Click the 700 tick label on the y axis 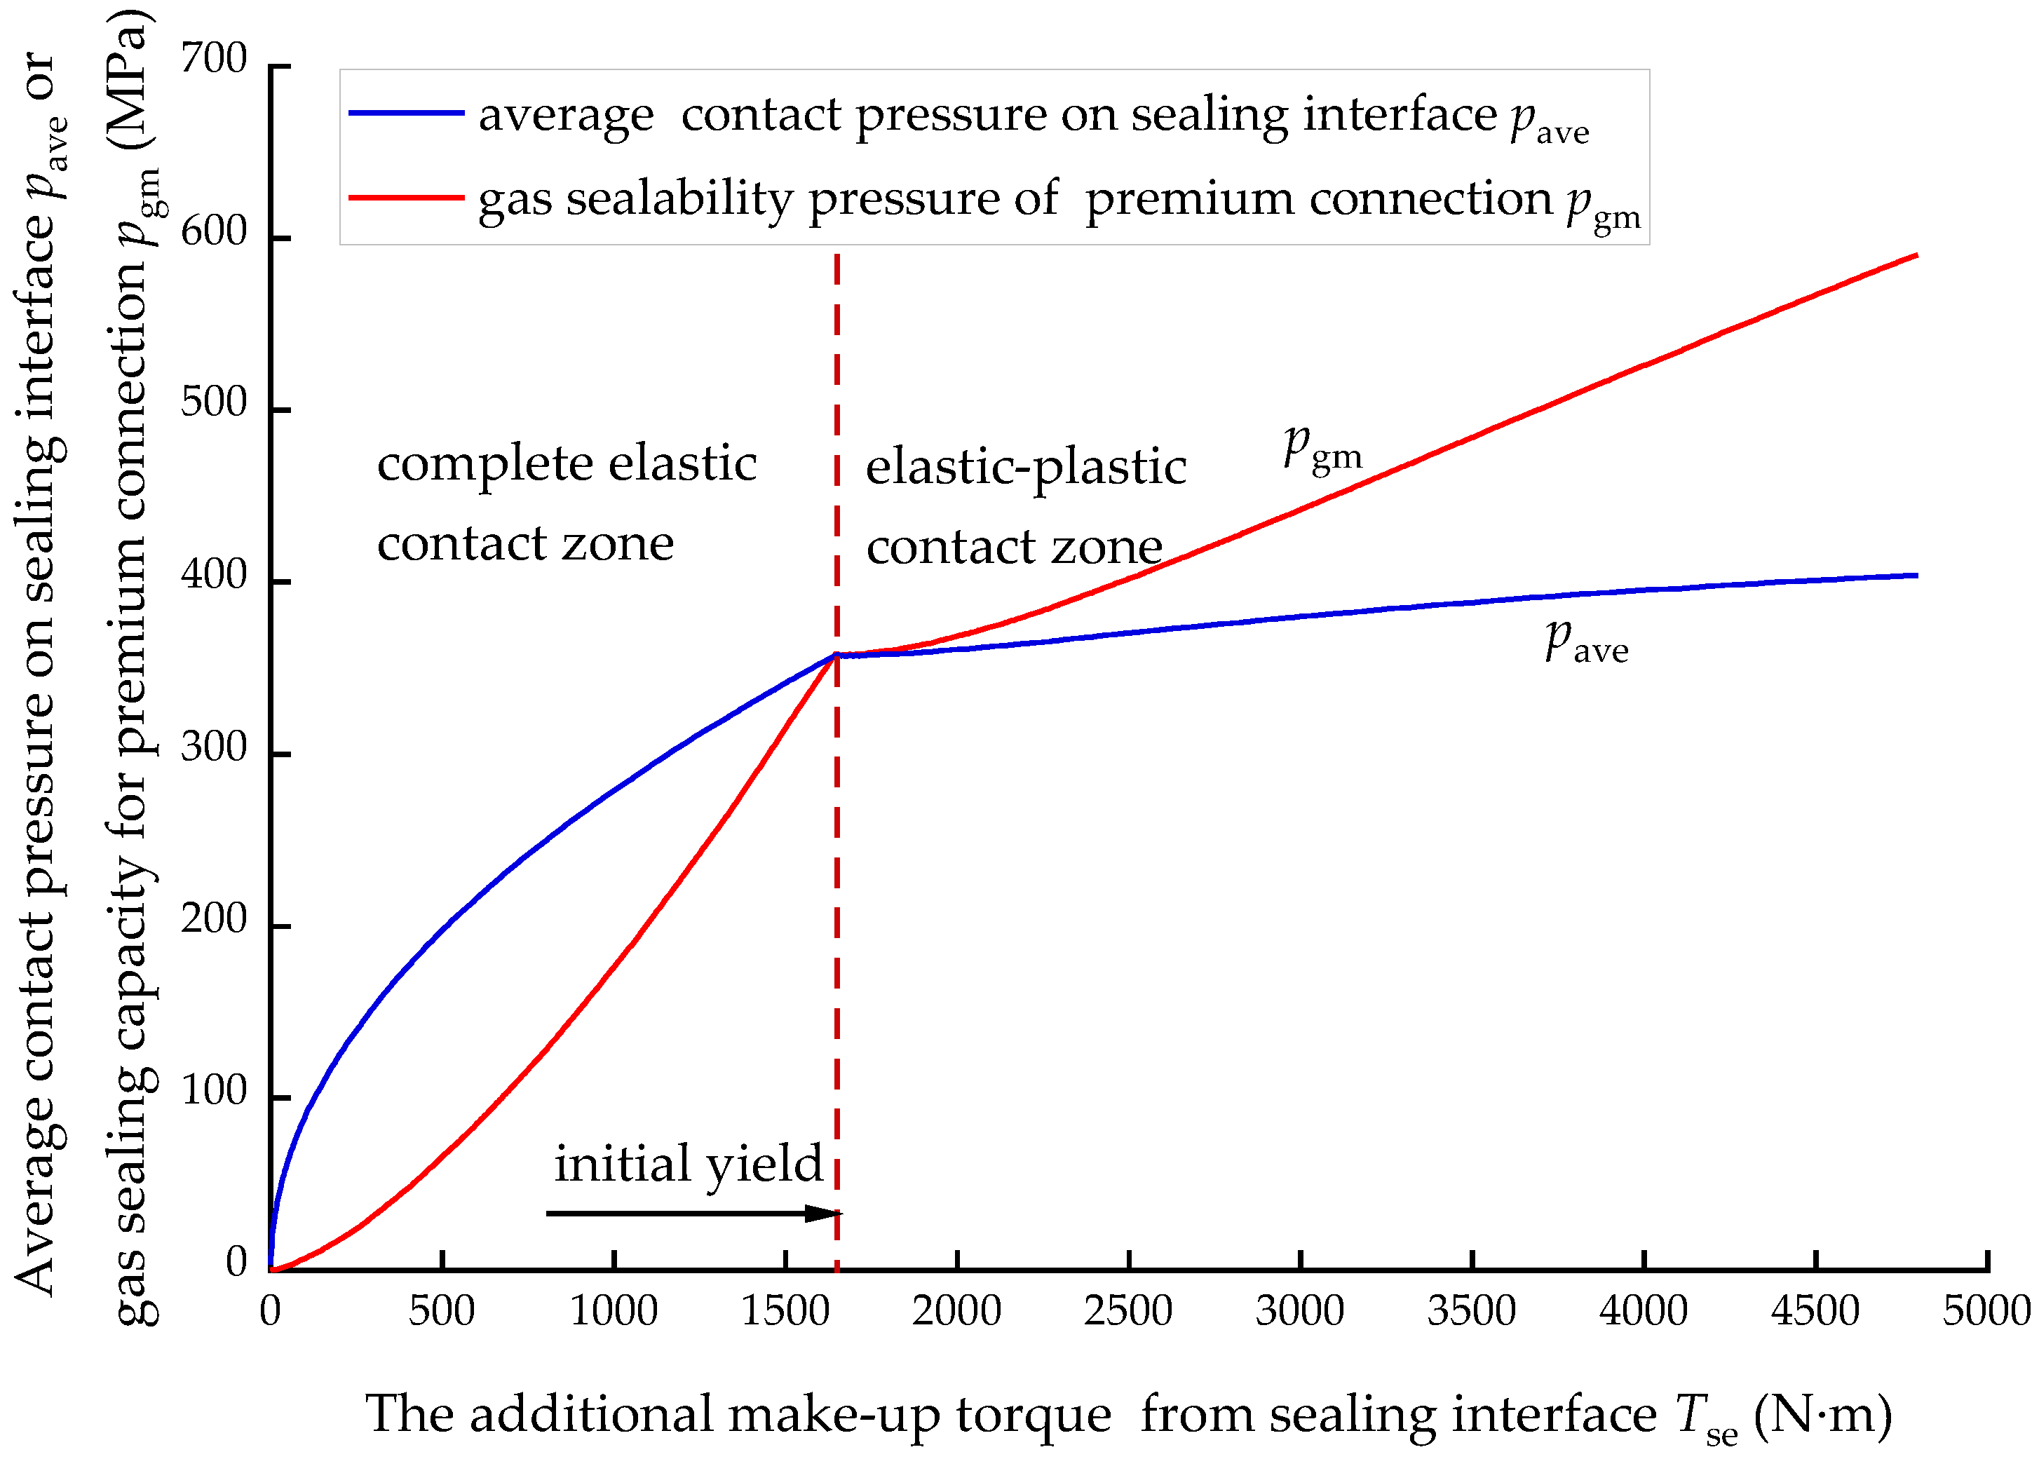pyautogui.click(x=214, y=60)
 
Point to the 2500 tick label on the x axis pyautogui.click(x=1127, y=1311)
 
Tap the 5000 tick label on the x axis pyautogui.click(x=1986, y=1311)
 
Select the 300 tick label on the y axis pyautogui.click(x=214, y=747)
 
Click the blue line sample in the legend pyautogui.click(x=406, y=113)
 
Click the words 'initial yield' pyautogui.click(x=688, y=1165)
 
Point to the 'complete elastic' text pyautogui.click(x=567, y=464)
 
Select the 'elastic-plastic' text pyautogui.click(x=1026, y=467)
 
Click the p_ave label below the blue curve pyautogui.click(x=1585, y=642)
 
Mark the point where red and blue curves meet pyautogui.click(x=836, y=655)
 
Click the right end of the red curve pyautogui.click(x=1916, y=256)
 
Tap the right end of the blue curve pyautogui.click(x=1916, y=576)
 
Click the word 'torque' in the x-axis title pyautogui.click(x=1033, y=1415)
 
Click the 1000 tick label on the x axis pyautogui.click(x=614, y=1311)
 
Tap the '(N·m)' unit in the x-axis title pyautogui.click(x=1824, y=1415)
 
